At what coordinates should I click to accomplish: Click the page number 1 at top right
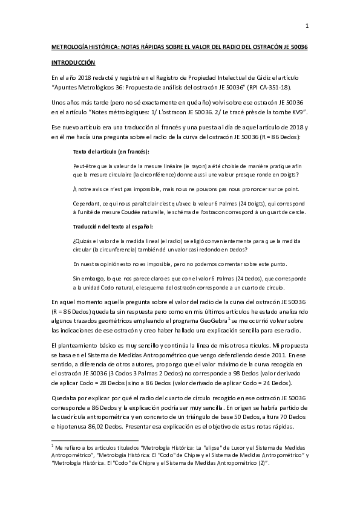[x=307, y=25]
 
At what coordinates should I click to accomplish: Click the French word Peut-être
[x=84, y=165]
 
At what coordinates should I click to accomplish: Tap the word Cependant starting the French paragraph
[x=87, y=204]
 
